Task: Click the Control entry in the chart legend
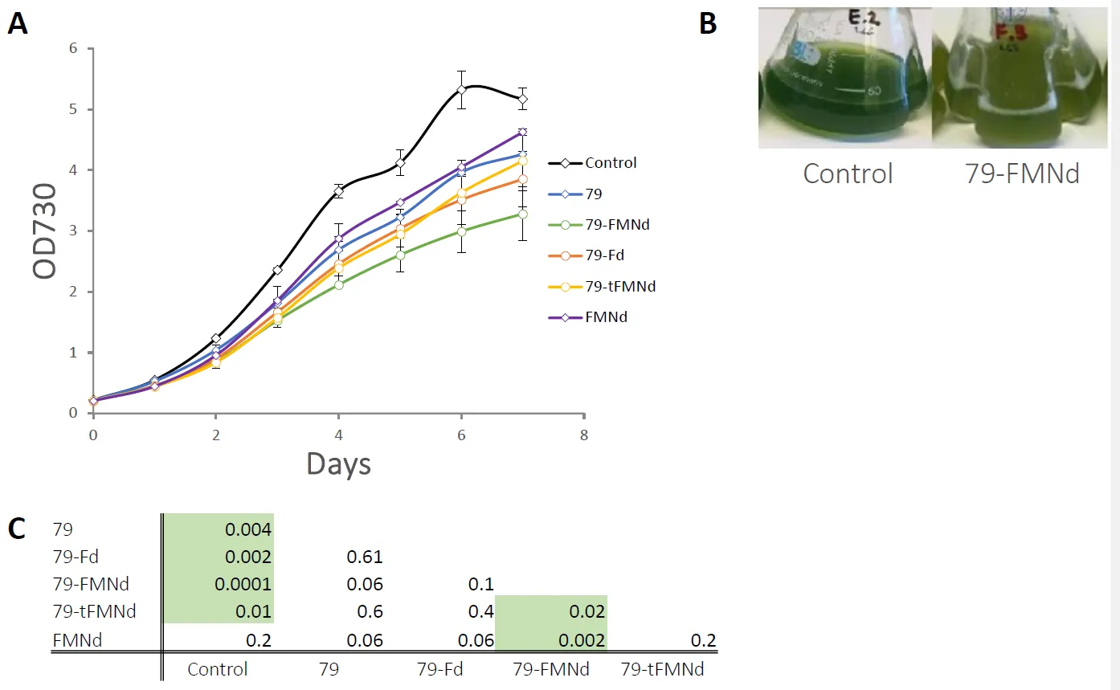tap(611, 163)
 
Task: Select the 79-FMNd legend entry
tap(617, 224)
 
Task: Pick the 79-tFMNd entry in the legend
tap(620, 287)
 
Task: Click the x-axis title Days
tap(337, 463)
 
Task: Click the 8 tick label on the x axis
tap(584, 436)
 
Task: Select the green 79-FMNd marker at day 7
tap(522, 214)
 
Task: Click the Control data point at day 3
tap(277, 270)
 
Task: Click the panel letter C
tap(18, 529)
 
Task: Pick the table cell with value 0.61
tap(366, 557)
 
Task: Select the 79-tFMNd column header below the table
tap(664, 668)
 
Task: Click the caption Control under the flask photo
tap(848, 173)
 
